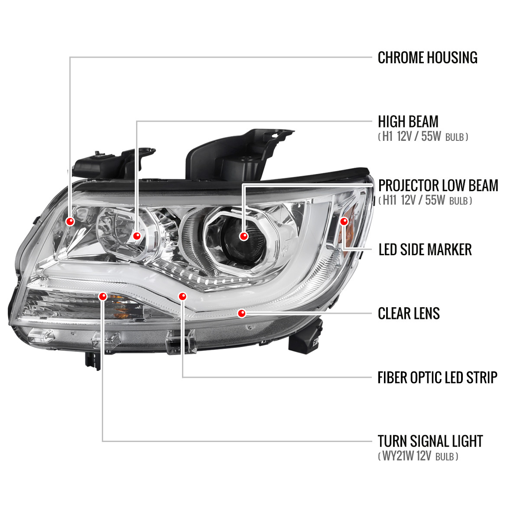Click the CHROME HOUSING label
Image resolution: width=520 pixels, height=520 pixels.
click(427, 58)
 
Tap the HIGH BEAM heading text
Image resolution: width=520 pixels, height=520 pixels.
click(408, 122)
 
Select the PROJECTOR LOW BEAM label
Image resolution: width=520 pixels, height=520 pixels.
click(438, 185)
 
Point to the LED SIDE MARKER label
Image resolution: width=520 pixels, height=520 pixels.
click(425, 250)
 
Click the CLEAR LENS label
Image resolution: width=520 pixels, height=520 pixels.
click(409, 313)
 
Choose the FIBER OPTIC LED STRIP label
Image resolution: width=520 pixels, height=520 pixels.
click(437, 377)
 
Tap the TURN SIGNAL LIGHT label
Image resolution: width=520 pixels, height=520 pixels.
click(430, 441)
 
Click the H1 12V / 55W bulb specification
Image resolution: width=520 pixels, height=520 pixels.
click(423, 137)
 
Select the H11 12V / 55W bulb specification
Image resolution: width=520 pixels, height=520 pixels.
click(425, 201)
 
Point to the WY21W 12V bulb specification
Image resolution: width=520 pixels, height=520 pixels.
click(418, 456)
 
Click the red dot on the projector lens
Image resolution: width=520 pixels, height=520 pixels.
click(244, 236)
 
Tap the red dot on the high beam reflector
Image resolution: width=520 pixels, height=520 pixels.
click(137, 236)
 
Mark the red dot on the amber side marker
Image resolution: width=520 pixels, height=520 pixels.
click(344, 221)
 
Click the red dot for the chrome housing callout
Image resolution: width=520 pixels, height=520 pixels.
click(70, 221)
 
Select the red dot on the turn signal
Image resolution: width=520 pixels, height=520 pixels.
click(103, 296)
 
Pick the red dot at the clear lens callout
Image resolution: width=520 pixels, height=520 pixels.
click(242, 313)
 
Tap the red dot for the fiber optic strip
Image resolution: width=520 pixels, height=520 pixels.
click(182, 296)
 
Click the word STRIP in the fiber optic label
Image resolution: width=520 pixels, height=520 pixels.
click(481, 377)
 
